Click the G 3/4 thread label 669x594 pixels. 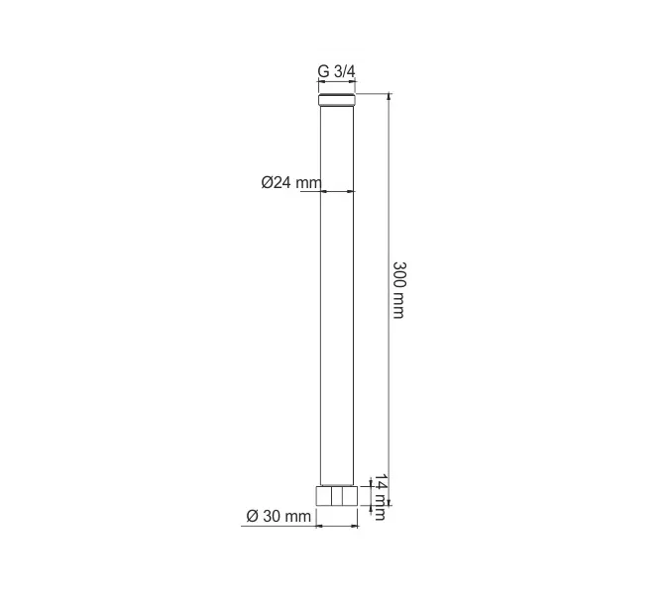point(336,71)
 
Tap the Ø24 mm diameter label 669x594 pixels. point(291,183)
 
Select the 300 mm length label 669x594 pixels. point(399,290)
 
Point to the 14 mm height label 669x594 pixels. point(381,497)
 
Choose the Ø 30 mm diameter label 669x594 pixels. point(279,516)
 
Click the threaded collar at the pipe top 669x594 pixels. point(337,100)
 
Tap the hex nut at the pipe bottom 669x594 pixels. point(337,496)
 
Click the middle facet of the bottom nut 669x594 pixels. point(337,496)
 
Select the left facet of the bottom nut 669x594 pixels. point(324,496)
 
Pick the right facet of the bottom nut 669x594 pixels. point(350,496)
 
